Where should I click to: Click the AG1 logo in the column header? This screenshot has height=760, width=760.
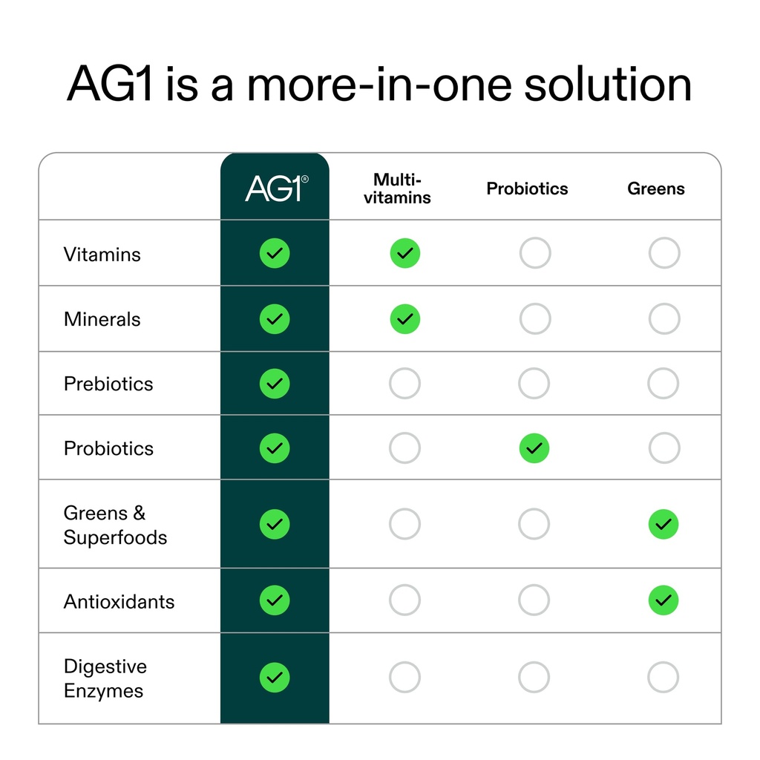click(276, 189)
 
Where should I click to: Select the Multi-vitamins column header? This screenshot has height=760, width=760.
click(397, 189)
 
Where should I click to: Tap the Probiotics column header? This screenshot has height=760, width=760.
click(527, 189)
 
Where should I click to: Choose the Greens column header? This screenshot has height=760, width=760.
click(656, 189)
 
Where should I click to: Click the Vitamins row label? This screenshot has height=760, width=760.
click(102, 255)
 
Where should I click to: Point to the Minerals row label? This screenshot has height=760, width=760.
click(102, 319)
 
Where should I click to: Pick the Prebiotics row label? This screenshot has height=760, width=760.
click(108, 384)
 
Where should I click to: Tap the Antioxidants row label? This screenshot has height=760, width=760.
click(119, 601)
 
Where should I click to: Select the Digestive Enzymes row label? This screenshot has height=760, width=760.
click(105, 678)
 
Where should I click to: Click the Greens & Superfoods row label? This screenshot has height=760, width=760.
click(115, 525)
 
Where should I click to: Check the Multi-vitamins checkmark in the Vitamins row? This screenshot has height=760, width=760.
click(404, 253)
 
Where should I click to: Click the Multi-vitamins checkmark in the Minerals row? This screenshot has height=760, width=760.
click(404, 319)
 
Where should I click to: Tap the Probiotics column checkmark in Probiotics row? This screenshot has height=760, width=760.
click(534, 448)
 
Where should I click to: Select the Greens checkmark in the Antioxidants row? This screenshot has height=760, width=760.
click(664, 600)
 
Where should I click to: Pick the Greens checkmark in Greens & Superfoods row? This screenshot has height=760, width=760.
click(664, 524)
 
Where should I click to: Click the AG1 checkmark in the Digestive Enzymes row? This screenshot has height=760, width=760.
click(275, 677)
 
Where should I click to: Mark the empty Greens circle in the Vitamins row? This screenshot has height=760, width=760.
click(664, 253)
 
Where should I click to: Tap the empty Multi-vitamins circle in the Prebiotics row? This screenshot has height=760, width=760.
click(404, 384)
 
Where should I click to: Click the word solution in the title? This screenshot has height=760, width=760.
click(608, 85)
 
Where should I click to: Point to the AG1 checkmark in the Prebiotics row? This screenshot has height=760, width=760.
click(275, 384)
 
